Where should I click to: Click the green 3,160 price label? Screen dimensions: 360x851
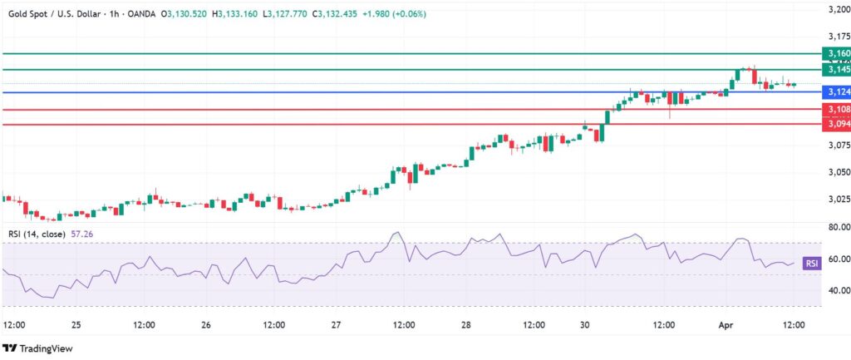pos(835,53)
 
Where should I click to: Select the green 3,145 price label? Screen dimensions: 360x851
pos(835,71)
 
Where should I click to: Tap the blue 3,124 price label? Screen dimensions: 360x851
pos(835,91)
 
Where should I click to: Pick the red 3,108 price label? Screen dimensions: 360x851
pos(835,109)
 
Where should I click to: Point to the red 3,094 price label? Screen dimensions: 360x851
pos(835,124)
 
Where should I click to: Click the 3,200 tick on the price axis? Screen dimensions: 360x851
pos(834,10)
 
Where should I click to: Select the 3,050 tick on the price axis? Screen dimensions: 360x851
pos(834,172)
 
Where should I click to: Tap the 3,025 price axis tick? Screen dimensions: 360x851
pos(834,200)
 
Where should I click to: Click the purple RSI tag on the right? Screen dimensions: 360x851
pos(811,264)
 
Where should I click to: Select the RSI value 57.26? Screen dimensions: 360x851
pos(81,234)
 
